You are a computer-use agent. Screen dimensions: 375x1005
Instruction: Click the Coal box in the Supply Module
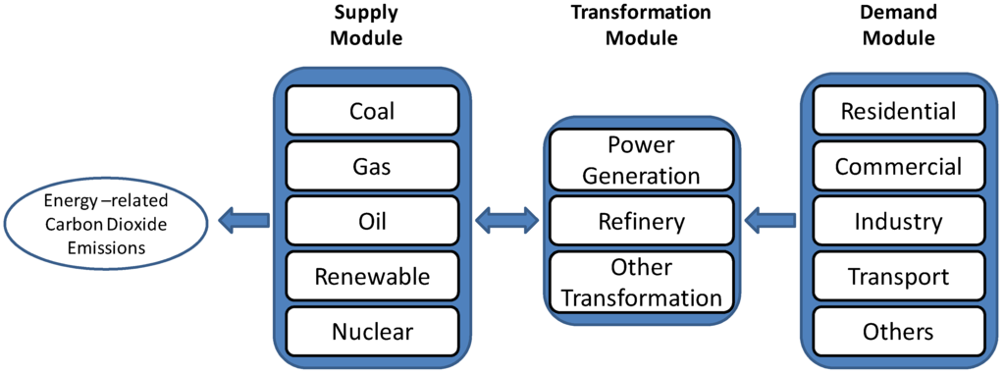tap(372, 110)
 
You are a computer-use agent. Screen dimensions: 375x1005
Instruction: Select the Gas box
tap(372, 166)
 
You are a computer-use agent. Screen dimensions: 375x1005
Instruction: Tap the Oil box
tap(372, 221)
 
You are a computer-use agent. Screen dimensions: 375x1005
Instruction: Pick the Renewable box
tap(372, 276)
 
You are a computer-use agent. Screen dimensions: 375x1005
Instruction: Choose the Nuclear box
tap(372, 331)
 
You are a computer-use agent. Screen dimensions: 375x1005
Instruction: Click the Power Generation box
tap(641, 160)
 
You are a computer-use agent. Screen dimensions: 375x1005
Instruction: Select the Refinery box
tap(641, 221)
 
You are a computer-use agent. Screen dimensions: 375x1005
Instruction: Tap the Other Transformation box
tap(641, 283)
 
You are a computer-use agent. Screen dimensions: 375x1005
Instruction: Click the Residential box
tap(898, 110)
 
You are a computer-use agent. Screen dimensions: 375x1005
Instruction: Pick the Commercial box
tap(898, 166)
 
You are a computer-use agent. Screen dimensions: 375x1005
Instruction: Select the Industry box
tap(898, 221)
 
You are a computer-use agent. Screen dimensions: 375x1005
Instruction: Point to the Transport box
tap(898, 276)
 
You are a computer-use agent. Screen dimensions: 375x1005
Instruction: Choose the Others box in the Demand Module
tap(898, 331)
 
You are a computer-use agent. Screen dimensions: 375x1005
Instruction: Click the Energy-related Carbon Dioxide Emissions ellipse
tap(106, 224)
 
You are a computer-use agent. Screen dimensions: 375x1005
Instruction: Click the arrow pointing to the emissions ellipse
tap(242, 221)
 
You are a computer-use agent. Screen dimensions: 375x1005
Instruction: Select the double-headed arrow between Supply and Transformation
tap(506, 221)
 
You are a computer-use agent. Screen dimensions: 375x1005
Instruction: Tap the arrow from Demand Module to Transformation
tap(769, 221)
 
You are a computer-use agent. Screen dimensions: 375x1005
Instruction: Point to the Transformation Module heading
tap(641, 27)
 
